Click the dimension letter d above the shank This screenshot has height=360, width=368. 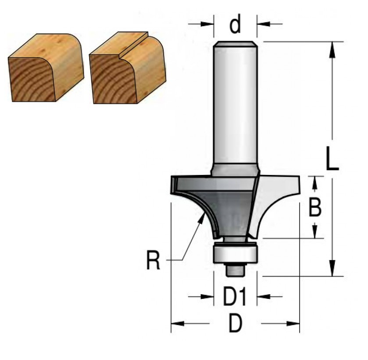tap(235, 24)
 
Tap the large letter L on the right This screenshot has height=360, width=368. tap(332, 158)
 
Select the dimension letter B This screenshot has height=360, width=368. tap(315, 207)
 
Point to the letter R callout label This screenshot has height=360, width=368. tap(153, 260)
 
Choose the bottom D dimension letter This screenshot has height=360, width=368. tap(235, 323)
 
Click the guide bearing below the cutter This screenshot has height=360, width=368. tap(235, 254)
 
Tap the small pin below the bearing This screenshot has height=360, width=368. tap(235, 270)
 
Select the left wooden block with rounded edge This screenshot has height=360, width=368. tap(46, 68)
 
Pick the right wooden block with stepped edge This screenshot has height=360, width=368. tap(128, 68)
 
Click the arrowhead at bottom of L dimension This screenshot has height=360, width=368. tap(332, 268)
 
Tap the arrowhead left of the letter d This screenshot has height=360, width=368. tap(207, 24)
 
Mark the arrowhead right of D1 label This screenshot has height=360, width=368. tap(264, 297)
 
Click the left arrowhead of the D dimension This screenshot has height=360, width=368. tap(178, 324)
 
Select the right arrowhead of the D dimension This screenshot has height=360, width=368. tap(293, 324)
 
